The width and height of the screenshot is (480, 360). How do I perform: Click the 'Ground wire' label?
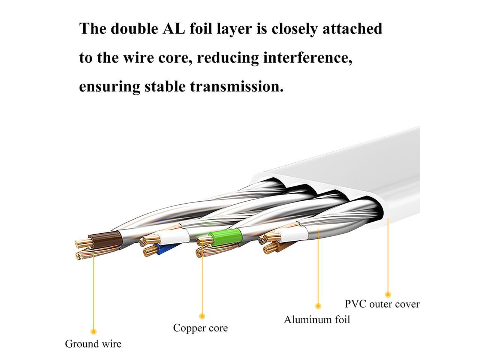pos(93,343)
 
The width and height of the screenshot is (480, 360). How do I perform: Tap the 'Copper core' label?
pos(200,328)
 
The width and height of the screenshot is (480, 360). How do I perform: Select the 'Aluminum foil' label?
pos(317,319)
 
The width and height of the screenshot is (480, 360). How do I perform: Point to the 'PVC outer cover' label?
pos(382,303)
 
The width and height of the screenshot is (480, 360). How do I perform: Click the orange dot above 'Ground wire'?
pos(94,331)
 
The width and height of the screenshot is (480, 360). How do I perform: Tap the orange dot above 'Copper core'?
pos(202,316)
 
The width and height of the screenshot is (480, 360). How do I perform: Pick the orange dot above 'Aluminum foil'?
pos(318,306)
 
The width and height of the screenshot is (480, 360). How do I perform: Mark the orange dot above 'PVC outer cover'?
pos(388,294)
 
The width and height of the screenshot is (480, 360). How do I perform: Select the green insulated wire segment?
pos(224,236)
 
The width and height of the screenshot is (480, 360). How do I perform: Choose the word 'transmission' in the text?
pos(236,87)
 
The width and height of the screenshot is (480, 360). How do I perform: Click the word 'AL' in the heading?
pos(174,29)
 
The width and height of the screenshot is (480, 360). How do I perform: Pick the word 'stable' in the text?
pos(165,87)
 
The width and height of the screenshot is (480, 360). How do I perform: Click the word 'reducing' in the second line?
pos(228,58)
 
